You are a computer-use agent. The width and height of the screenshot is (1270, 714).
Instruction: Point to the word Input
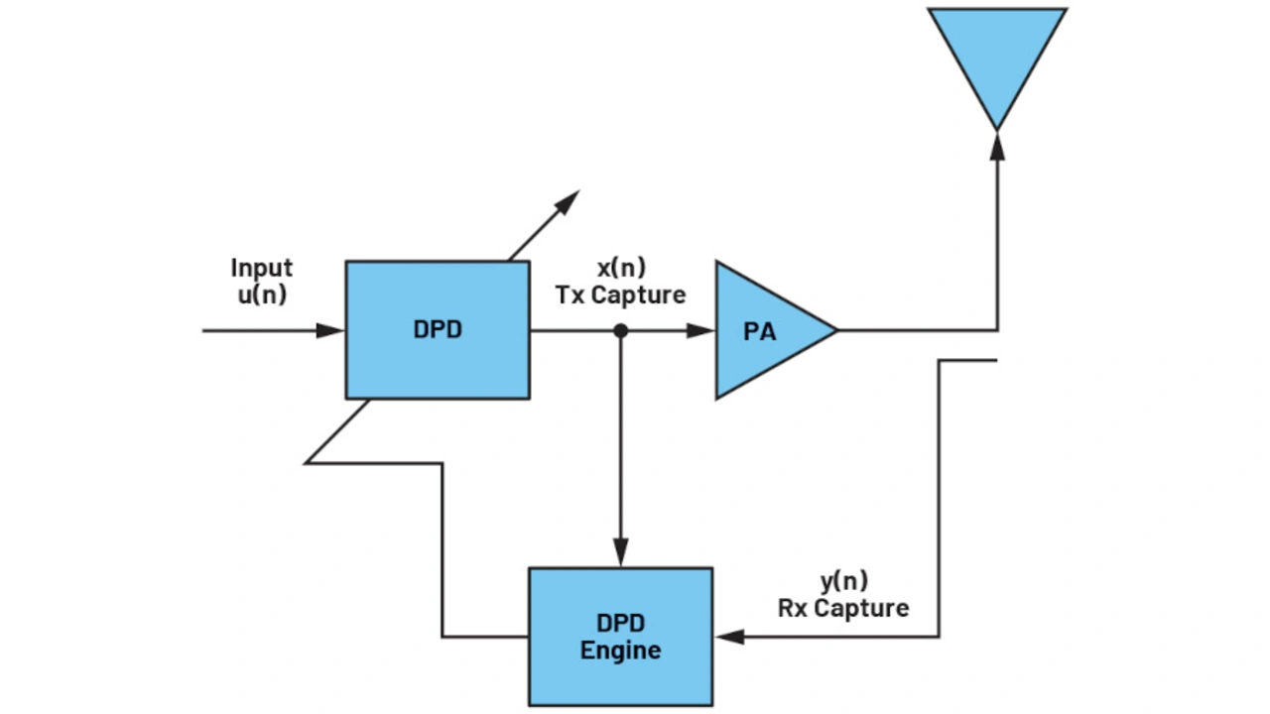pos(262,268)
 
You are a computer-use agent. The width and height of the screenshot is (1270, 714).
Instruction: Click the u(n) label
pos(262,295)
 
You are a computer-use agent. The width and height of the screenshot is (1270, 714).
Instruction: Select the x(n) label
pos(621,268)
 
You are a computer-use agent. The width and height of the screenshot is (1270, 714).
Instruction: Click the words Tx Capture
pos(621,295)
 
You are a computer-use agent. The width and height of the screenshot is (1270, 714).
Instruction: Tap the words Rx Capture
pos(842,607)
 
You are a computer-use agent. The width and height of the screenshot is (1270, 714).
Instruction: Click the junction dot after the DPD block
pos(620,330)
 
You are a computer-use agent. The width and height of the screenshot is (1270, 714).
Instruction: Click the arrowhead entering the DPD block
pos(331,330)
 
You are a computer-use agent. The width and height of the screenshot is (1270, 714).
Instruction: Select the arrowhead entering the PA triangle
pos(701,330)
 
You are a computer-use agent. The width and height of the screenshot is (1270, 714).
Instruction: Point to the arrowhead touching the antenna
pos(997,145)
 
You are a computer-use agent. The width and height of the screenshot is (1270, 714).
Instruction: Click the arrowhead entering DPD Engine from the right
pos(727,636)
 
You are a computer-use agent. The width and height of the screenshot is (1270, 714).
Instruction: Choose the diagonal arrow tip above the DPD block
pos(569,200)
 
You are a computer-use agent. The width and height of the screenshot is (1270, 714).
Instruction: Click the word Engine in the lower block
pos(620,651)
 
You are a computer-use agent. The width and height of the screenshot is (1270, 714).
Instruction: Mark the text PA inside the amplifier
pos(759,331)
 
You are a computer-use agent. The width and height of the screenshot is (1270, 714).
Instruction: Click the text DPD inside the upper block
pos(437,330)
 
